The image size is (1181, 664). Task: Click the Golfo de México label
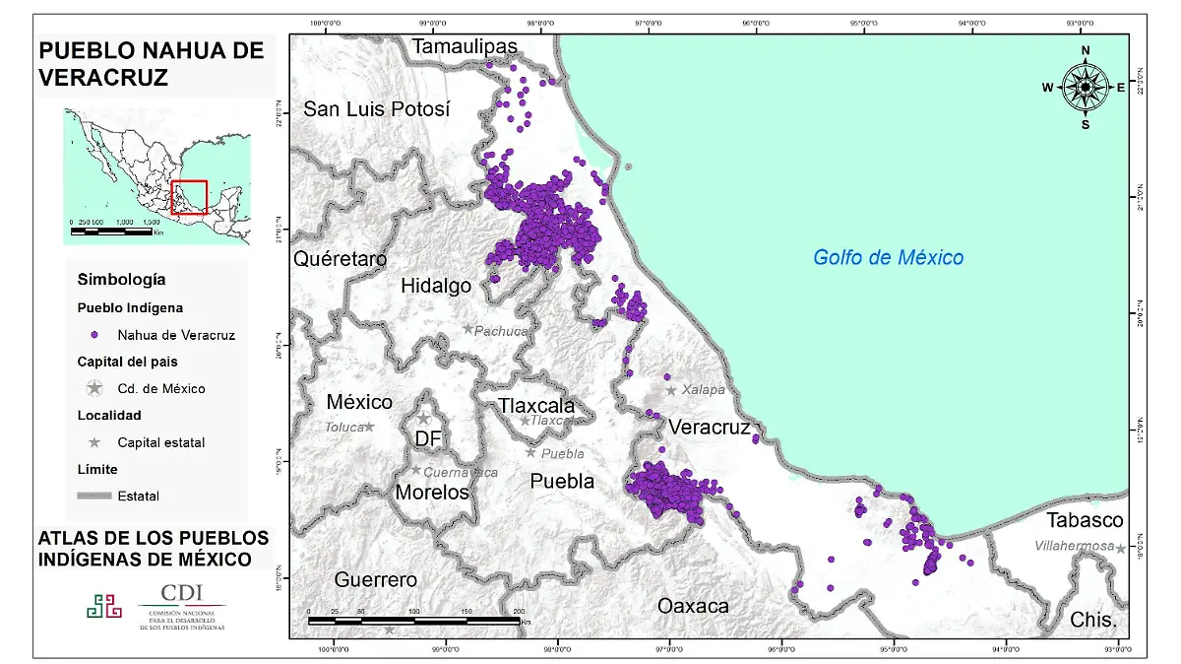[x=888, y=257]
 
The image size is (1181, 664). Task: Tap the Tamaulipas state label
[x=465, y=47]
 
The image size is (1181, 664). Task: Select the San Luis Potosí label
[x=376, y=109]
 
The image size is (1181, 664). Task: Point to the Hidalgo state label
[x=436, y=286]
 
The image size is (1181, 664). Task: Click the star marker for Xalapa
[x=671, y=390]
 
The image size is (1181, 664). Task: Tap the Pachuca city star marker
[x=468, y=329]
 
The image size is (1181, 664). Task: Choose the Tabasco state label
[x=1085, y=520]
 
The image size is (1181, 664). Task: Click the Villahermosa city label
[x=1074, y=546]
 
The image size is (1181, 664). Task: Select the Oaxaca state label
[x=694, y=606]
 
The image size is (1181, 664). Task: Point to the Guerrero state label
[x=375, y=579]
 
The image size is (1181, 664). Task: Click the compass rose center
[x=1085, y=88]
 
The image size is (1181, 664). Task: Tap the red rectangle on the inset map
[x=189, y=197]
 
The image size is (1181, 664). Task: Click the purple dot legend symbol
[x=94, y=335]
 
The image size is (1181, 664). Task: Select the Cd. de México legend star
[x=94, y=388]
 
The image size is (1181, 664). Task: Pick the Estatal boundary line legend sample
[x=94, y=496]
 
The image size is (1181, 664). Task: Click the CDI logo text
[x=183, y=593]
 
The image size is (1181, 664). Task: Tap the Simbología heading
[x=121, y=279]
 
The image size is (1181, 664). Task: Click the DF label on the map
[x=427, y=438]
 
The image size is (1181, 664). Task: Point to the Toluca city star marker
[x=369, y=427]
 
